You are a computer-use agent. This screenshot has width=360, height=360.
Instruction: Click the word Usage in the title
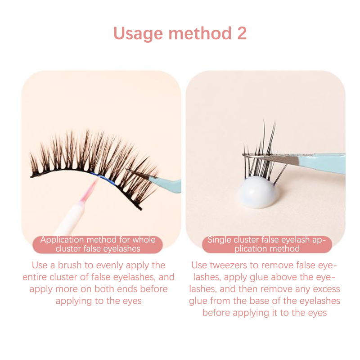138,34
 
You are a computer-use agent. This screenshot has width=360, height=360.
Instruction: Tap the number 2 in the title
242,33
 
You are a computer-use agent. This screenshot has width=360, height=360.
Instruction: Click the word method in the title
200,33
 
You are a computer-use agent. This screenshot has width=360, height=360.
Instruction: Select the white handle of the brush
68,219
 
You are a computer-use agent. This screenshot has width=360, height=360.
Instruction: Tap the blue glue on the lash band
102,177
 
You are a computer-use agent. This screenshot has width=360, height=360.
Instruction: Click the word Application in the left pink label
62,240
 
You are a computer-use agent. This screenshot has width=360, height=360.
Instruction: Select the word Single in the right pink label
219,240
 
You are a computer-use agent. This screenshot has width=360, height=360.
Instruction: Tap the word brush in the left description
70,265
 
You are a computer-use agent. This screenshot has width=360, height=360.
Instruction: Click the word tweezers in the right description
228,265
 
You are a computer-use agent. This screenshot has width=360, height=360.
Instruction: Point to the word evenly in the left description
109,265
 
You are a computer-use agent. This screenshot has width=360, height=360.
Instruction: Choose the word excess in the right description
326,289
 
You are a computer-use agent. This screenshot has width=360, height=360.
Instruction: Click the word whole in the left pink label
144,240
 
